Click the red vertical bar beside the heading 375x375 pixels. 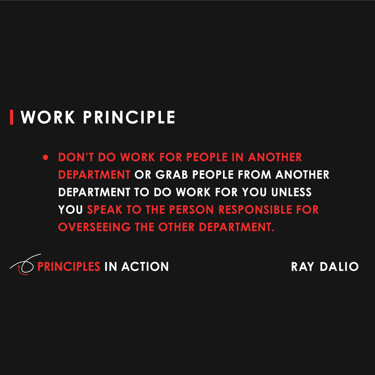[12, 117]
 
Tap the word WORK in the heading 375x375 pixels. [48, 117]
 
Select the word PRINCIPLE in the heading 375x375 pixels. [129, 117]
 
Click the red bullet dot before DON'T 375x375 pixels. [46, 157]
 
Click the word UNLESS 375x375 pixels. [291, 192]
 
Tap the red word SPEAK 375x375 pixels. [104, 210]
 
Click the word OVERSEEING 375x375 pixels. [94, 227]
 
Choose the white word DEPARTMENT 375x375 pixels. [94, 192]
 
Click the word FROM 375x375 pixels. [254, 175]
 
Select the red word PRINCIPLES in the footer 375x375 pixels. [68, 267]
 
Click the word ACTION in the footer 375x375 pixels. [145, 267]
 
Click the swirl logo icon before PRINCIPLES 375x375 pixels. [24, 265]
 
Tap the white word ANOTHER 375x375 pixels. [302, 175]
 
